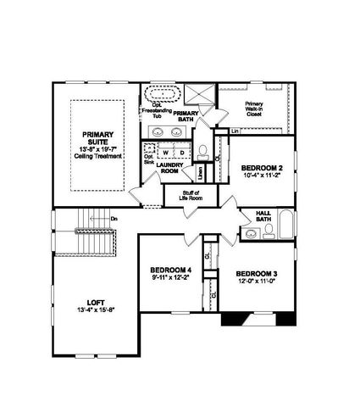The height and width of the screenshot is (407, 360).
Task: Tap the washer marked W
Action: click(x=166, y=153)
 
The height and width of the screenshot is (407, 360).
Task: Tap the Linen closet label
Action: click(x=199, y=173)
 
